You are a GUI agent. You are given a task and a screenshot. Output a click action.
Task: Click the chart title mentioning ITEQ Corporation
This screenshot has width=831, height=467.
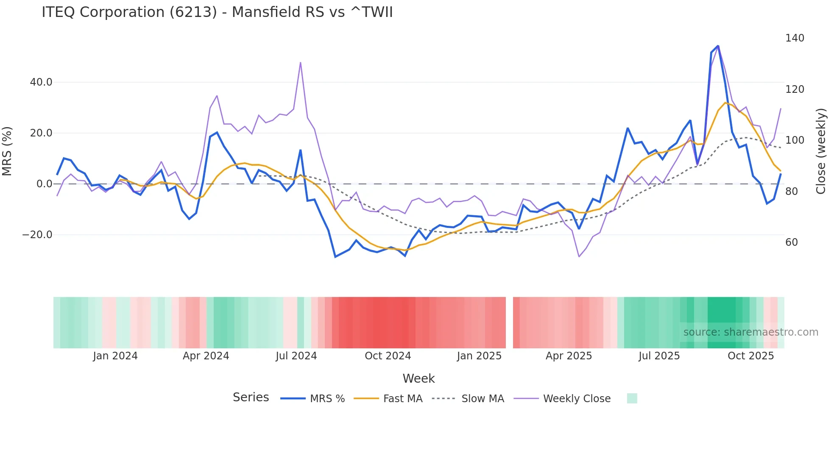(x=217, y=12)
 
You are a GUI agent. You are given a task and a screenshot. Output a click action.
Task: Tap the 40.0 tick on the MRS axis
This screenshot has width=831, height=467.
(x=41, y=82)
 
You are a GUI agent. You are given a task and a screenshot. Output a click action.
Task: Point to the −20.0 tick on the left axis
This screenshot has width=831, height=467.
(x=37, y=235)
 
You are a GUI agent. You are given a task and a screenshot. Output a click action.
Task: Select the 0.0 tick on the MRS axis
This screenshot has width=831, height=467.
(x=45, y=184)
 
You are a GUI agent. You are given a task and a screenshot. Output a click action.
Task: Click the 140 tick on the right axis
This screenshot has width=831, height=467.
(x=795, y=38)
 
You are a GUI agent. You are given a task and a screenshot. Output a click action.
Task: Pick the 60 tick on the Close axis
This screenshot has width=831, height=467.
(x=792, y=242)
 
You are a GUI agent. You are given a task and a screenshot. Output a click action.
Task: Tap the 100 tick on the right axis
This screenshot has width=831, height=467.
(x=795, y=140)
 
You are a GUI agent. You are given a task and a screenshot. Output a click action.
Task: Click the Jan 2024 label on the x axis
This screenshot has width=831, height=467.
(x=115, y=356)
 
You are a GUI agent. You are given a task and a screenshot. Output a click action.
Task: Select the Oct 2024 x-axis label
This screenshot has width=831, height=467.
(x=388, y=356)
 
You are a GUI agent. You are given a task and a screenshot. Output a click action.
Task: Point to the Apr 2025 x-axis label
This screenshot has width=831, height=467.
(x=569, y=356)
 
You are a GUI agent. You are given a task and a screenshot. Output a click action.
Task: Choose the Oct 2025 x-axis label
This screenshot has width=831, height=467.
(x=751, y=356)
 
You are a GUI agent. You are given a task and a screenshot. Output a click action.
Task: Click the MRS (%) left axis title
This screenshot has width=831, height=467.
(x=7, y=151)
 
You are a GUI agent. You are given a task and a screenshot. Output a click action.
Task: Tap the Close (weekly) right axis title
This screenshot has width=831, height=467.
(x=821, y=151)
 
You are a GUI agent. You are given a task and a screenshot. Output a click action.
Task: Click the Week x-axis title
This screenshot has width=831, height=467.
(x=418, y=378)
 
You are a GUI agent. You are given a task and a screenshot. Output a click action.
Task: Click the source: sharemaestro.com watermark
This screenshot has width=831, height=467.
(x=750, y=332)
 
